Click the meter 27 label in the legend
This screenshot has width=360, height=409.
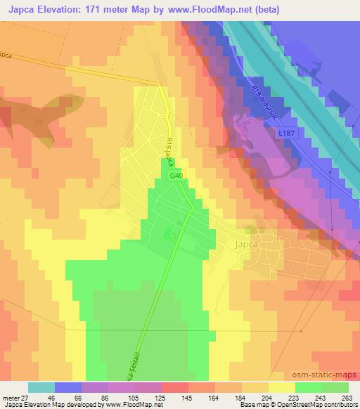(14, 398)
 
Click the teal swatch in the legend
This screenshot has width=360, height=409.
(41, 387)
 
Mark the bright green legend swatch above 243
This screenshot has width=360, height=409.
(309, 387)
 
